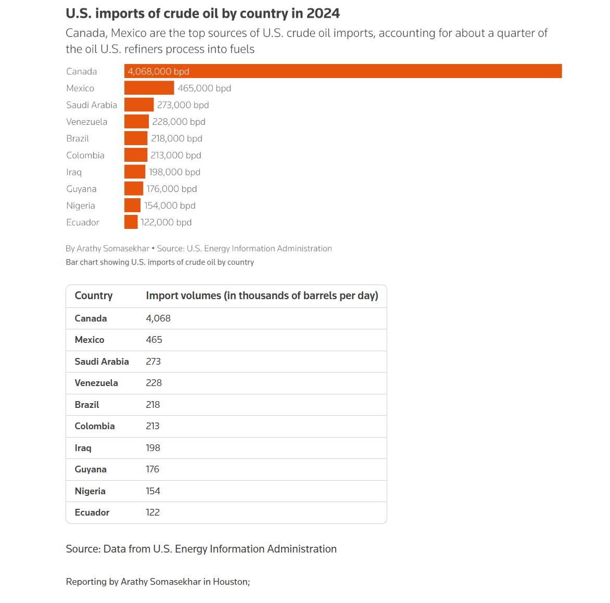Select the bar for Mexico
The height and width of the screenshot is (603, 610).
(x=149, y=88)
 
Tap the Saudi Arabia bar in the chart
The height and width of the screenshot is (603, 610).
(x=139, y=105)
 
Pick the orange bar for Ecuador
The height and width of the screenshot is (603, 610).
(x=131, y=222)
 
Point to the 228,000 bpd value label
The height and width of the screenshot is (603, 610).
(x=179, y=122)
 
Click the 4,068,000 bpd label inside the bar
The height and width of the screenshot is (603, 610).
(x=159, y=71)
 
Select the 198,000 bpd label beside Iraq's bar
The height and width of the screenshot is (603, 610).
(x=174, y=172)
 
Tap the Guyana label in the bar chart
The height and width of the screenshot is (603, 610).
(x=81, y=189)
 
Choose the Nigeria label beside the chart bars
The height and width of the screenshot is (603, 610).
(x=81, y=206)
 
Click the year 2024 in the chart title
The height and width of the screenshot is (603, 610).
(x=323, y=14)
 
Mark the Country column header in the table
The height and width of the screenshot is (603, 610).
(x=94, y=296)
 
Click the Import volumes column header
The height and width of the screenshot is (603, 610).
(x=262, y=296)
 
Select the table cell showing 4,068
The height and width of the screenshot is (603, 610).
(x=158, y=318)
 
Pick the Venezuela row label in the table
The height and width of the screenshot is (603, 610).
(x=96, y=383)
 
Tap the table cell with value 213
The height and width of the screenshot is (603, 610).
(x=152, y=426)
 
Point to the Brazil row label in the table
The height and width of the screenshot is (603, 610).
(x=87, y=405)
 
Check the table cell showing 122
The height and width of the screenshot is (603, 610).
(x=152, y=512)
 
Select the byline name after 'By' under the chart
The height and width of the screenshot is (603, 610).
(x=113, y=249)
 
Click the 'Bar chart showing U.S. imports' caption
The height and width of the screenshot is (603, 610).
(x=160, y=262)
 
